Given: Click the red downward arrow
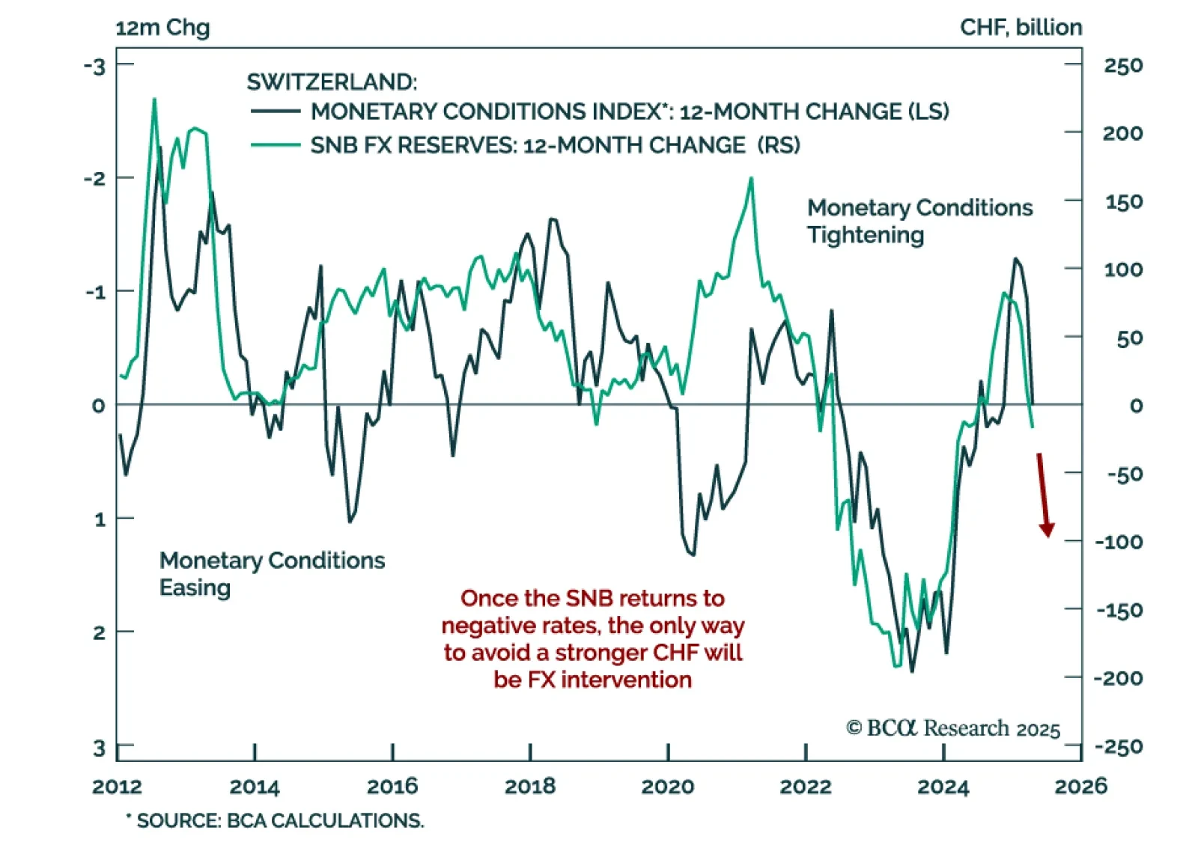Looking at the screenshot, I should click(x=1043, y=495).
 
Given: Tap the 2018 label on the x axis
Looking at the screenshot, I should click(x=530, y=787).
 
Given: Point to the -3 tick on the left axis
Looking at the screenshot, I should click(x=95, y=66).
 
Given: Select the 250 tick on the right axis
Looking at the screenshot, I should click(x=1123, y=66).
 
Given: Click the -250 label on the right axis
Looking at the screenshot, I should click(x=1119, y=747).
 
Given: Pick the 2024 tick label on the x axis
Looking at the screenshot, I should click(x=943, y=787).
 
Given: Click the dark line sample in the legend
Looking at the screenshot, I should click(x=276, y=112).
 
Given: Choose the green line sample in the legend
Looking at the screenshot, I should click(x=276, y=145).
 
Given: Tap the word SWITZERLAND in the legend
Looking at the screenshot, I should click(x=332, y=82).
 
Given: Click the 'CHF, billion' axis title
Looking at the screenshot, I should click(x=1021, y=28).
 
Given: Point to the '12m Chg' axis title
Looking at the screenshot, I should click(x=162, y=28).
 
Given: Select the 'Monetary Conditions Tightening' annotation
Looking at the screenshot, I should click(x=919, y=221).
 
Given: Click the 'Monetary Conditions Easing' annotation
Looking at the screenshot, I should click(x=272, y=573).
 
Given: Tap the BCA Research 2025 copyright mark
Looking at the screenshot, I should click(x=952, y=728).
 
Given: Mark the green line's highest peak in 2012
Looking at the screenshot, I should click(x=154, y=99).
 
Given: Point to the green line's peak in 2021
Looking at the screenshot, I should click(x=751, y=178).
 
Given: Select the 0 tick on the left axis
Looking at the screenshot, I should click(x=98, y=406).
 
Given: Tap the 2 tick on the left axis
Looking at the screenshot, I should click(x=99, y=633).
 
